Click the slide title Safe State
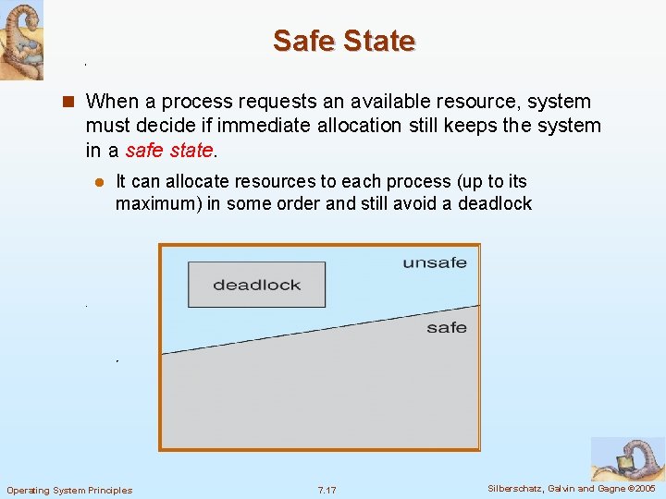344,41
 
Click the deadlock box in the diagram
256,285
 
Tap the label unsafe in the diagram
435,263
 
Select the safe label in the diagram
447,328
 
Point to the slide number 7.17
327,490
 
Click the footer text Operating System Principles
69,490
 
